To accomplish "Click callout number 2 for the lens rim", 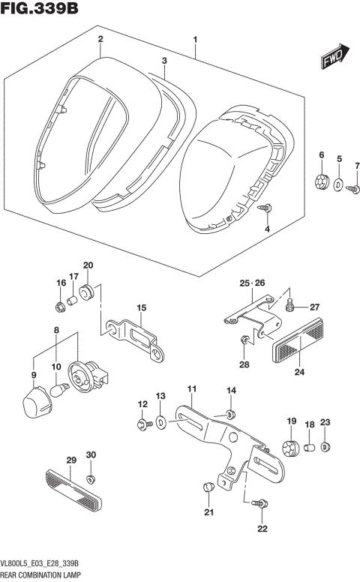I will click(100, 39).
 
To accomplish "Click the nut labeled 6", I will click(322, 181).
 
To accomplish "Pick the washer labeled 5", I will click(339, 184).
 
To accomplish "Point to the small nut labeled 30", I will click(91, 479).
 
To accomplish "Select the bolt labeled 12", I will click(142, 425).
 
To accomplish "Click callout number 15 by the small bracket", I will click(139, 308).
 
